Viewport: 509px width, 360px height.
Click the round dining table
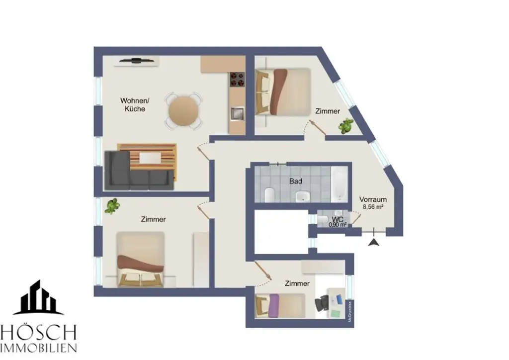(x=183, y=112)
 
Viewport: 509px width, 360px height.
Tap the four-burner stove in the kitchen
(x=237, y=79)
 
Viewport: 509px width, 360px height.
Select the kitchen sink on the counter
(x=237, y=113)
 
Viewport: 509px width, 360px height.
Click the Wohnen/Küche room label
(x=135, y=104)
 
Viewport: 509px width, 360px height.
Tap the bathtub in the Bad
(x=340, y=183)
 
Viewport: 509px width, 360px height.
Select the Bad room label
(x=296, y=181)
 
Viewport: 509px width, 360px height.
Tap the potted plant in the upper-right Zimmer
(x=344, y=126)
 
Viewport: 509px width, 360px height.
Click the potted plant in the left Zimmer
(x=112, y=205)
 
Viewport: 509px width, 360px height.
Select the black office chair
(x=323, y=302)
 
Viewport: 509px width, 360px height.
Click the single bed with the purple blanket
(x=280, y=305)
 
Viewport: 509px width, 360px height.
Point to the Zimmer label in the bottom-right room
(x=297, y=283)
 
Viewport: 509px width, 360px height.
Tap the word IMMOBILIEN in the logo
(x=38, y=347)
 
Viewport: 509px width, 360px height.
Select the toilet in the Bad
(x=269, y=194)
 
